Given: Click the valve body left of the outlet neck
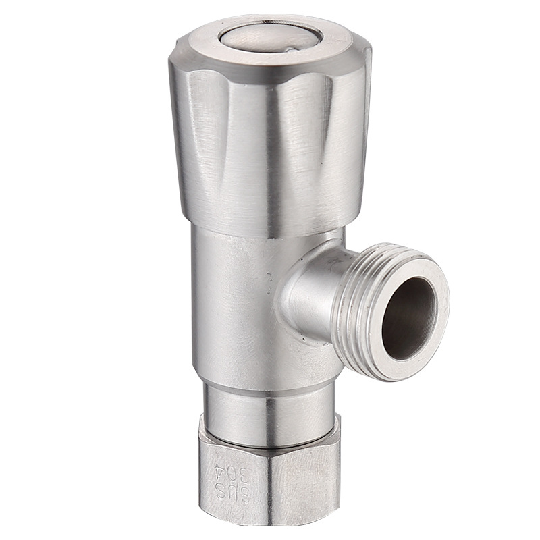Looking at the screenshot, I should click(230, 304).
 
